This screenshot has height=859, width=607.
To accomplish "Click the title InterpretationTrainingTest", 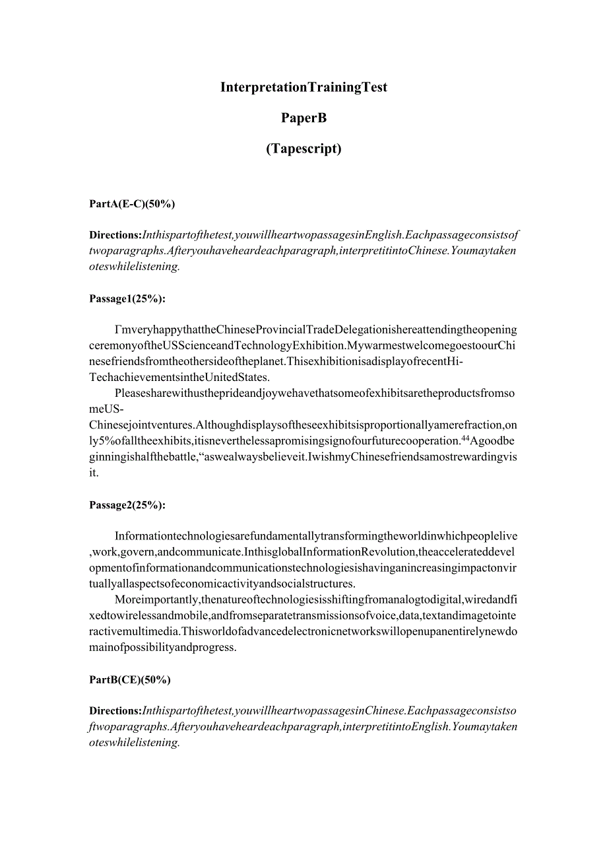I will coord(303,87).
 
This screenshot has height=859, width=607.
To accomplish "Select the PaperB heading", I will coord(303,118).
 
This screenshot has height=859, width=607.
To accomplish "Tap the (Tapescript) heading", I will coord(303,149).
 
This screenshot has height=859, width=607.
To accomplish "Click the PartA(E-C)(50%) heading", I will coord(132,204).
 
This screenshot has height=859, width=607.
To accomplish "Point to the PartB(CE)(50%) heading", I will coord(130,679).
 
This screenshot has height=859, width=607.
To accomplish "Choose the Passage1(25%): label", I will coord(127,298).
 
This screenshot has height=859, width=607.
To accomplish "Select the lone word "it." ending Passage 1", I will coord(94,473).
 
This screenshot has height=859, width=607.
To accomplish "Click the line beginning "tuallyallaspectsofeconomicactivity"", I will coord(222,584).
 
